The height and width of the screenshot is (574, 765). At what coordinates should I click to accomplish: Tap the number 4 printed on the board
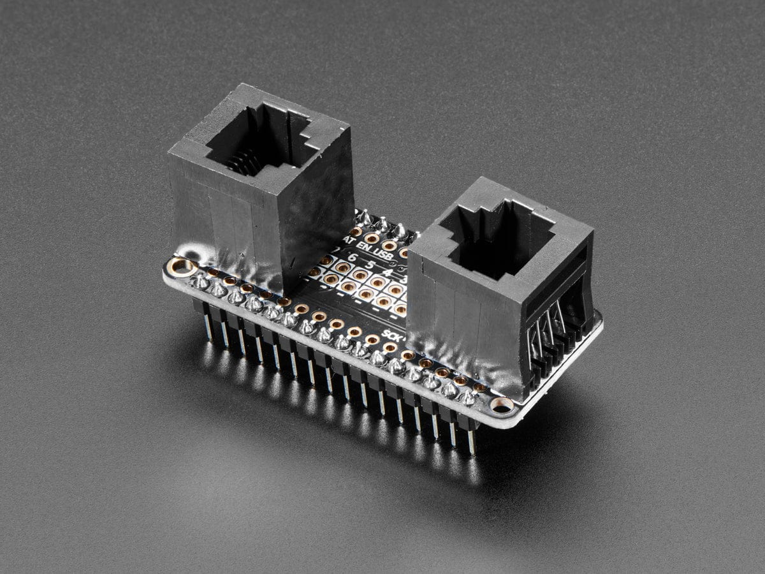[386, 272]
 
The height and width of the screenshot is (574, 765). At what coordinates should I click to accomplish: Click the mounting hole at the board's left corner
[182, 266]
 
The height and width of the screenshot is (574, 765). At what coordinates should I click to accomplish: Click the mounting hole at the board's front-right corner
[502, 404]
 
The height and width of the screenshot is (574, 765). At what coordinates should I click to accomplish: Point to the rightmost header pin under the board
[471, 440]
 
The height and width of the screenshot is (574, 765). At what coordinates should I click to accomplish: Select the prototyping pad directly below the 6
[344, 268]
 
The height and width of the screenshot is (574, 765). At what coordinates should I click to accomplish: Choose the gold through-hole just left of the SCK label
[372, 339]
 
